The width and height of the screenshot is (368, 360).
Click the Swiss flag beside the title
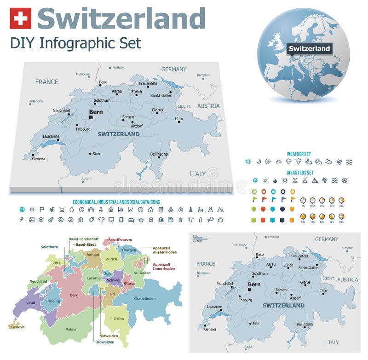[20, 18]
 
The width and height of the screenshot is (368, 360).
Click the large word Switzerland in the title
[121, 18]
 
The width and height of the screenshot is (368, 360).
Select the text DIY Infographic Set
[75, 43]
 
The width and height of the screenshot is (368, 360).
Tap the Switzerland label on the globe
[310, 48]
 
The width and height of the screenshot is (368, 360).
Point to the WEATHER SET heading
[299, 154]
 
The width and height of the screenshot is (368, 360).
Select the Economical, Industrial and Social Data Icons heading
[116, 202]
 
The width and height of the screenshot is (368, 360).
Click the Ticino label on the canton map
[119, 319]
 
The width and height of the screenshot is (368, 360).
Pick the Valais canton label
[71, 329]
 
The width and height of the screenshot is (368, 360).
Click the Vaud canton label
[30, 303]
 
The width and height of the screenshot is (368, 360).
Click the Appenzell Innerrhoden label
[164, 267]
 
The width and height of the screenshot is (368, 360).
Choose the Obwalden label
[106, 342]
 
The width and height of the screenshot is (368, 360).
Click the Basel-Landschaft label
[83, 239]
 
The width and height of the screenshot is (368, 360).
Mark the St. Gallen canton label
[142, 273]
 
